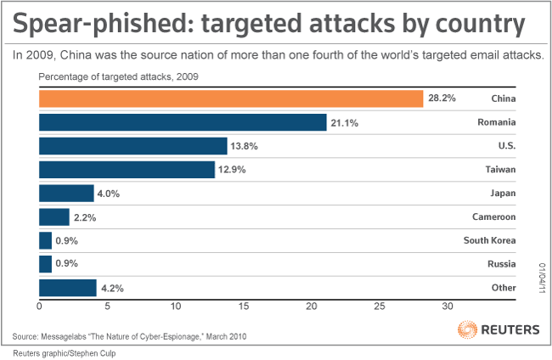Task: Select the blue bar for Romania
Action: click(x=183, y=122)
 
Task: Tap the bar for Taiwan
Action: click(x=127, y=170)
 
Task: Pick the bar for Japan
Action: click(x=66, y=193)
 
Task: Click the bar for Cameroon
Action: click(x=54, y=217)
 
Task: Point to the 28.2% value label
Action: click(x=442, y=98)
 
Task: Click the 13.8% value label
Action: click(x=245, y=146)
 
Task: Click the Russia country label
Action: click(x=501, y=264)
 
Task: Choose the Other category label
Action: click(x=503, y=288)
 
